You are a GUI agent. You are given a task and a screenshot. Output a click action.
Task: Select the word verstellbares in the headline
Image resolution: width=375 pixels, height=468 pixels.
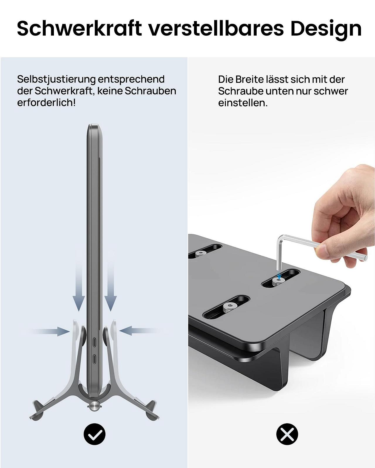tap(215, 28)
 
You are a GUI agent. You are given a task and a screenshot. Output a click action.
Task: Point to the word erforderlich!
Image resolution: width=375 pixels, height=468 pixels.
tap(46, 103)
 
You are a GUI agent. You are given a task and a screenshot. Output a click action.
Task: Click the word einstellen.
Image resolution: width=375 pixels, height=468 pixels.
tap(243, 103)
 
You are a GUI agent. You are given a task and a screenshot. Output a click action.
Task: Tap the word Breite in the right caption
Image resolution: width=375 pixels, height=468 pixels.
tap(250, 79)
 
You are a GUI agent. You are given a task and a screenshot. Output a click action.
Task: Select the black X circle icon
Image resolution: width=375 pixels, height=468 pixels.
tap(287, 434)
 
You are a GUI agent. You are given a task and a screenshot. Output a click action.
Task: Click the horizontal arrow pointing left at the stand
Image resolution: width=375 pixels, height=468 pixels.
tap(138, 331)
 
